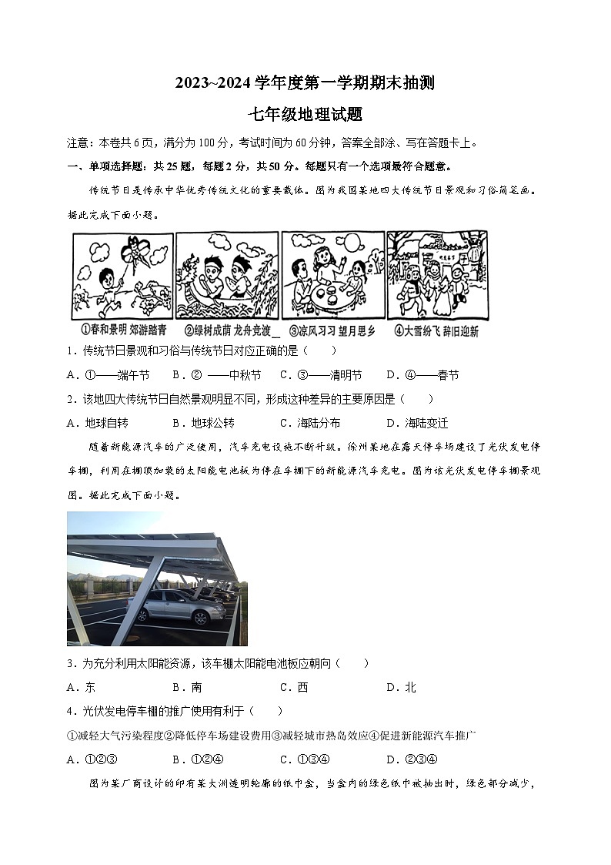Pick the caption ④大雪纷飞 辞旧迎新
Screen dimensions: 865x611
436,331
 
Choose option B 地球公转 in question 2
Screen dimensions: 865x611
203,423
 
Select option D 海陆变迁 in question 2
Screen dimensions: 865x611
416,423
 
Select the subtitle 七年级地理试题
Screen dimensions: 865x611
305,114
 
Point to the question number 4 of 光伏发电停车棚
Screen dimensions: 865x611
70,711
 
